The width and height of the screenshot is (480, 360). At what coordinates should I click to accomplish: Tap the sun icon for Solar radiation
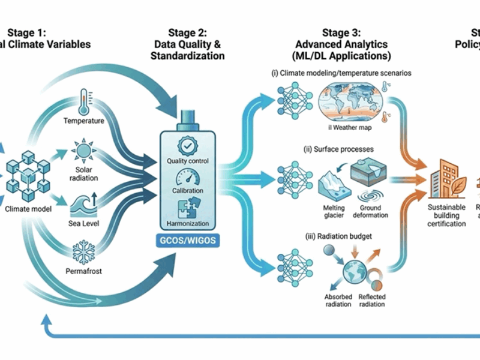tap(84, 148)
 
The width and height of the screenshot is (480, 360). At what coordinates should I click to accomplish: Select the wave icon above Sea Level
tap(84, 203)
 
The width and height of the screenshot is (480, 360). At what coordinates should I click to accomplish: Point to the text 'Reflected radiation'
tap(372, 301)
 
